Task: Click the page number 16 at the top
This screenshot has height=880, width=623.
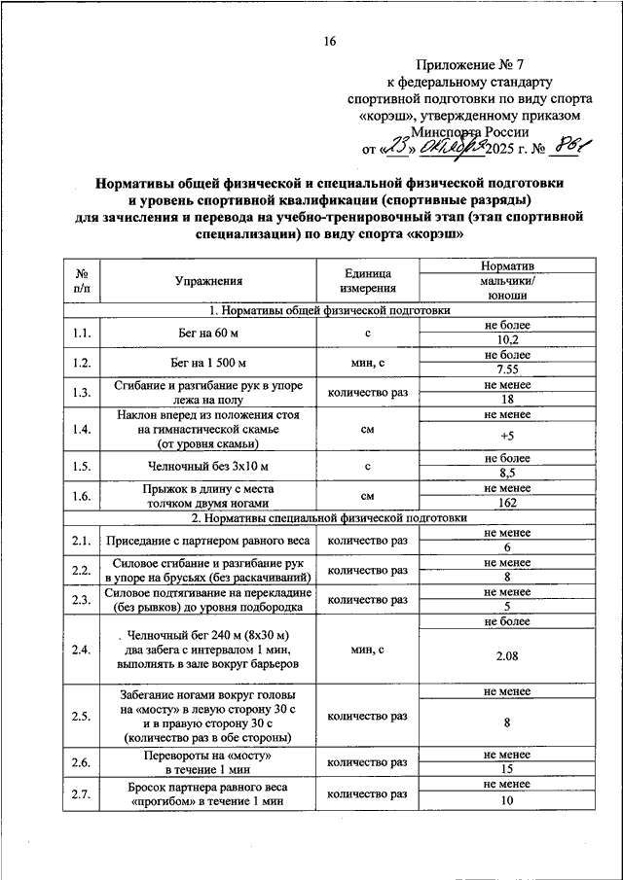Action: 329,41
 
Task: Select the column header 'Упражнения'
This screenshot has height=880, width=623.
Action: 208,282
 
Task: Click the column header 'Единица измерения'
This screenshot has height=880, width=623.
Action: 368,282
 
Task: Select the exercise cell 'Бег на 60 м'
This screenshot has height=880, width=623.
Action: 208,334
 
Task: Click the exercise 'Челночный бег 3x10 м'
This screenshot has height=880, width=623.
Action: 208,467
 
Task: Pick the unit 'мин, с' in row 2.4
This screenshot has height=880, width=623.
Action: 368,649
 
